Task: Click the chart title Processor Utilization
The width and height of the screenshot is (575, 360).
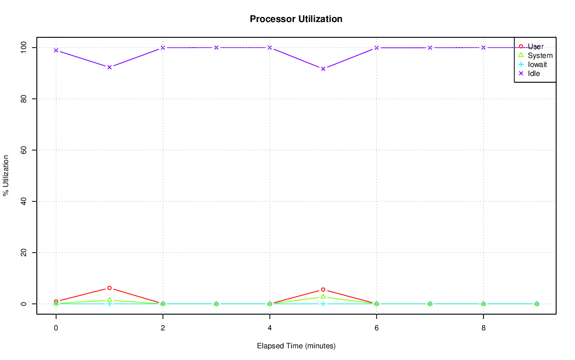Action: (296, 19)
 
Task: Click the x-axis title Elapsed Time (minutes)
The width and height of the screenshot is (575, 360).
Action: (296, 346)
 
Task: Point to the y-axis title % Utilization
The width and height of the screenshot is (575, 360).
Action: (6, 175)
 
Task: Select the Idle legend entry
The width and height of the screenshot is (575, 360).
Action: (534, 74)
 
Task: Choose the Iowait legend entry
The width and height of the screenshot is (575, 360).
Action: (537, 65)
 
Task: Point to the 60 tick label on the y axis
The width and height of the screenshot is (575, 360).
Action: (25, 150)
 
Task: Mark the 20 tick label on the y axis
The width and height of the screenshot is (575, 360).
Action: (25, 253)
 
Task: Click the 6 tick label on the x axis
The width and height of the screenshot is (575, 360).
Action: (376, 328)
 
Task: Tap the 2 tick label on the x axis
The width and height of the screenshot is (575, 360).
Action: (163, 328)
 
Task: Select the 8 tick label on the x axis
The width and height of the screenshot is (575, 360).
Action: (483, 328)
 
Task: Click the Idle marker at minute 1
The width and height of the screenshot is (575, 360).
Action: (109, 67)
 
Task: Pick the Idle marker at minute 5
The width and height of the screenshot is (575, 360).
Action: (323, 69)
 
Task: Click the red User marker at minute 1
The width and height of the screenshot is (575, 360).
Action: (109, 288)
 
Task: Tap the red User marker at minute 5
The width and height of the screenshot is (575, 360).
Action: (323, 290)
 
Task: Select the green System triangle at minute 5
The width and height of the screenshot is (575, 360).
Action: (323, 297)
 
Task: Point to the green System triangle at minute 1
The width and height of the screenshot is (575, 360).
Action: (109, 300)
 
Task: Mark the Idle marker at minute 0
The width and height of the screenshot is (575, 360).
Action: (56, 50)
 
